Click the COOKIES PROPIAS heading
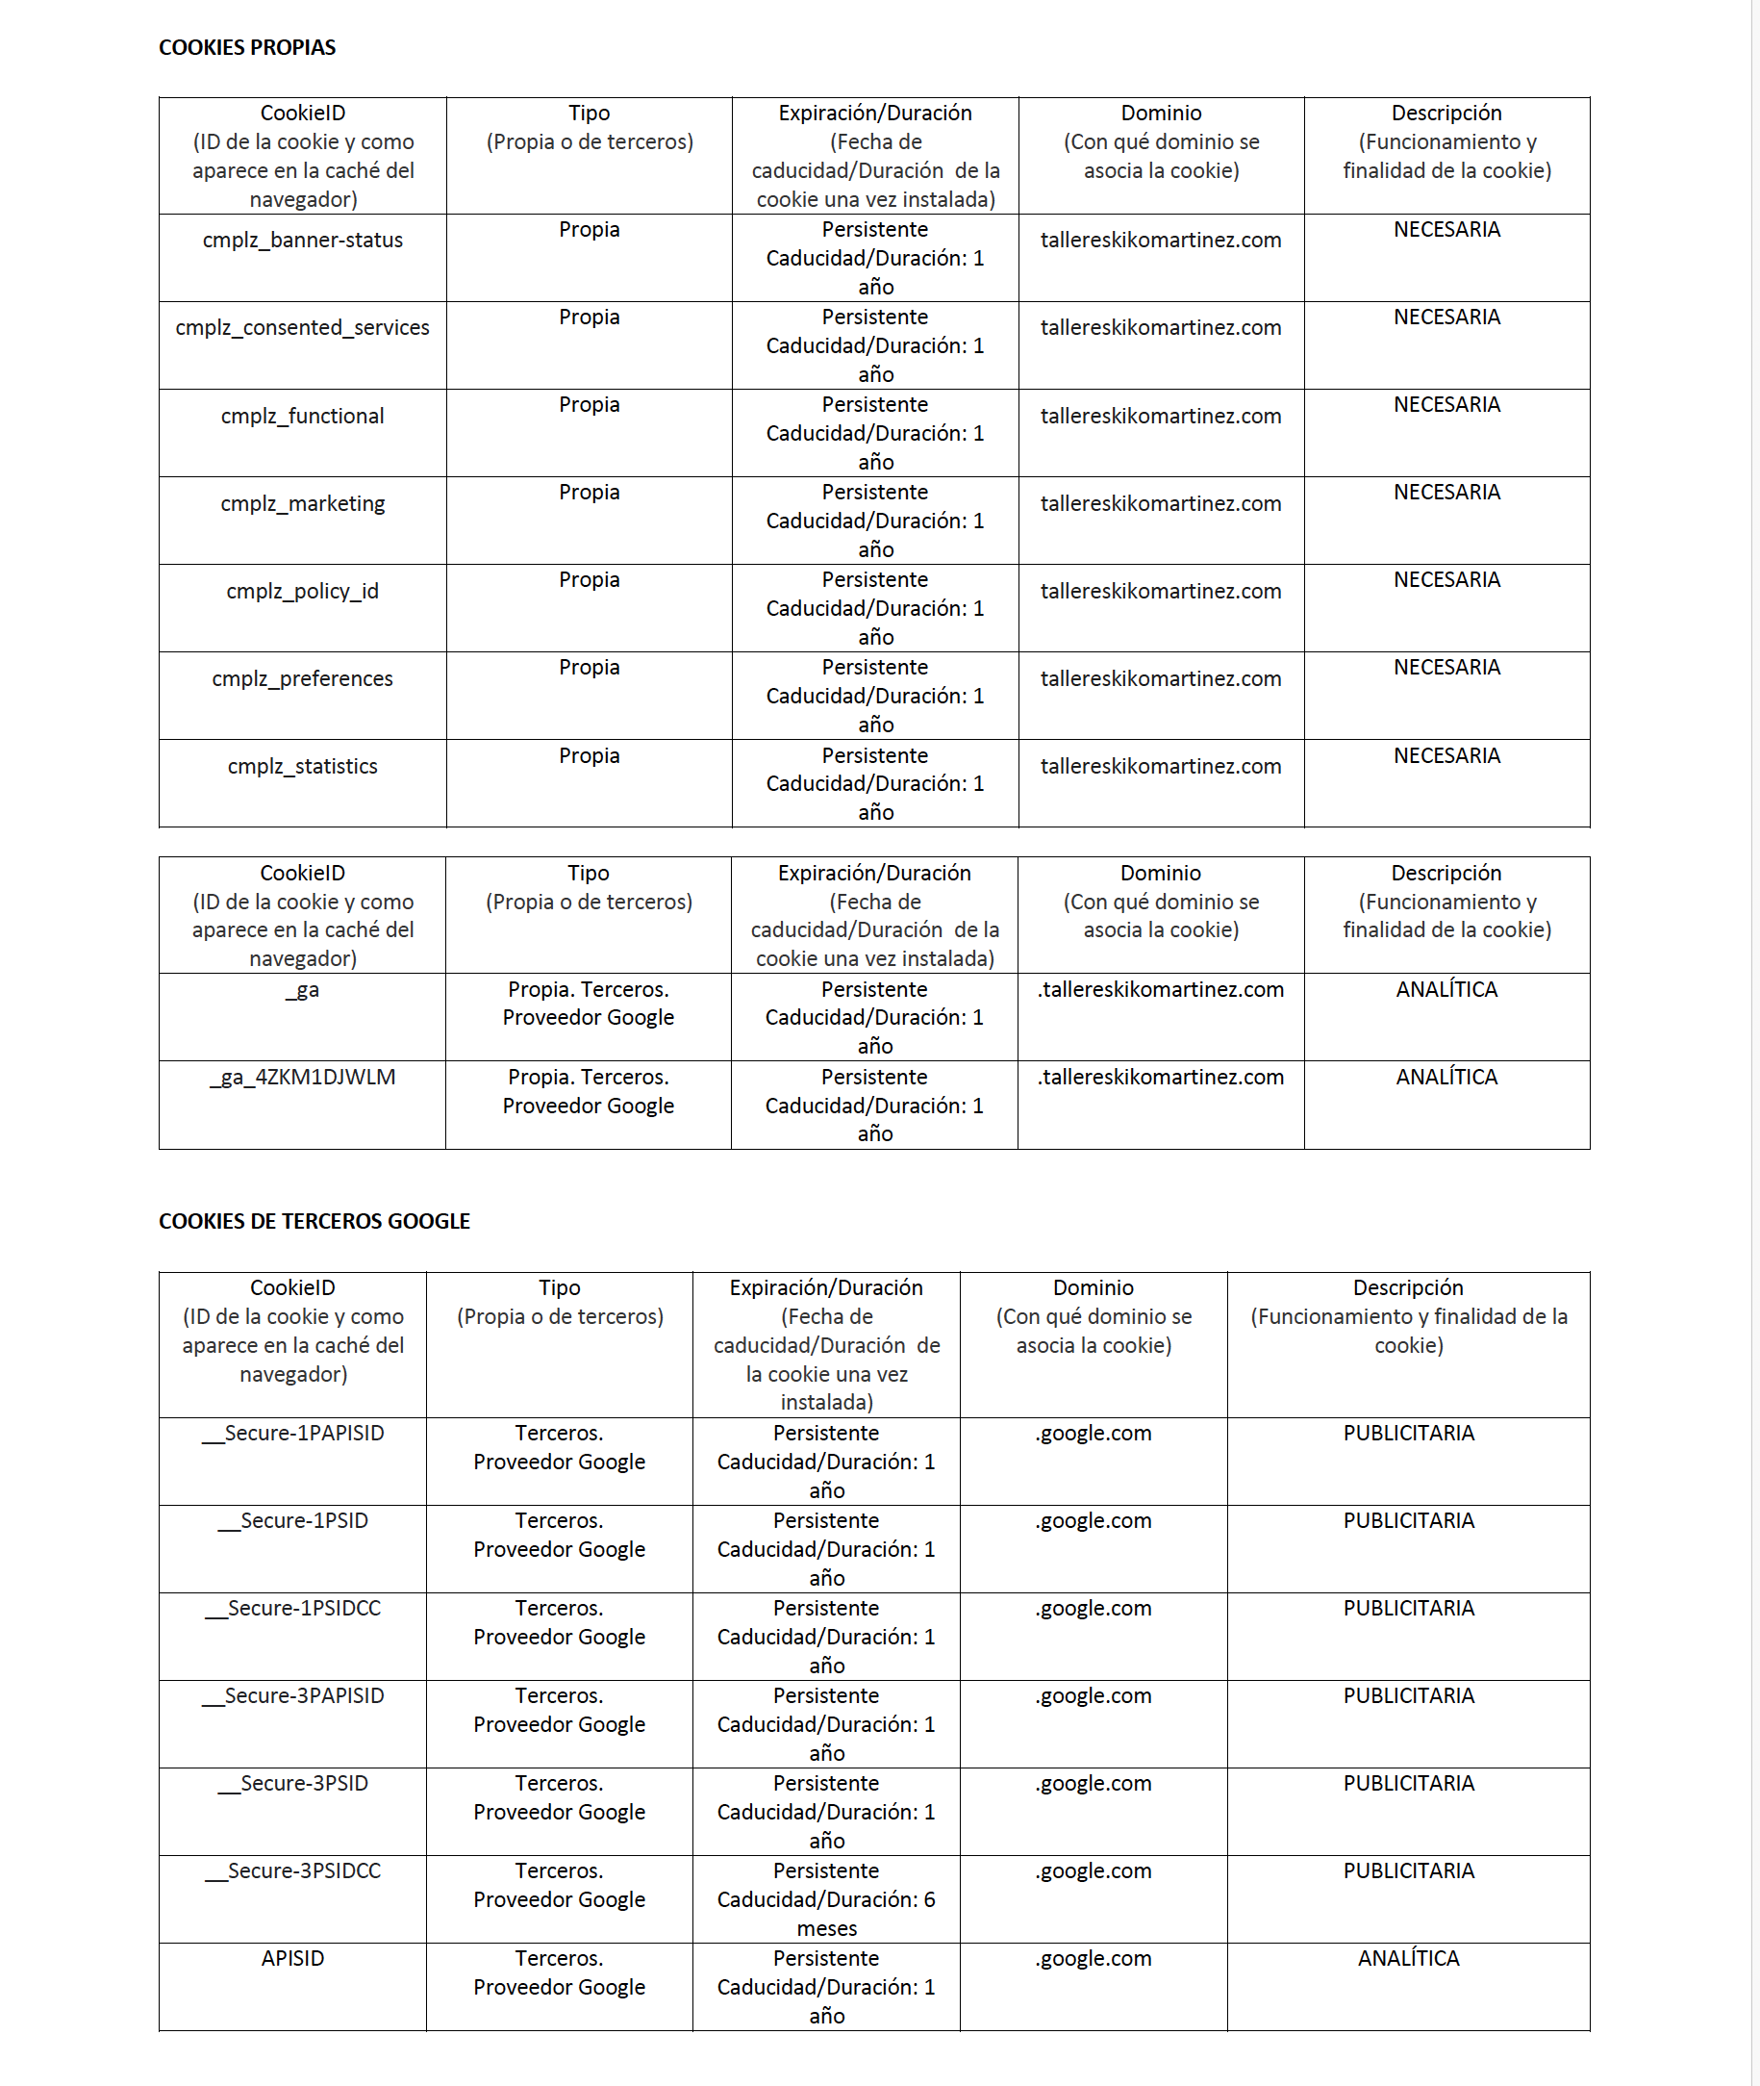coord(246,47)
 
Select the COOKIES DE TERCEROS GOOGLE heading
coord(314,1221)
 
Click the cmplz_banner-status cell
coord(302,240)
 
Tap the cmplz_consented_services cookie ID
coord(302,327)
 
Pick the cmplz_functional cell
coord(302,416)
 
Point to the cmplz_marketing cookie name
coord(302,503)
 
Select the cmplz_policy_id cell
coord(302,591)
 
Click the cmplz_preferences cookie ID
coord(302,678)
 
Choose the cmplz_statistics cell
coord(302,767)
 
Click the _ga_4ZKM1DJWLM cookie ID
coord(302,1077)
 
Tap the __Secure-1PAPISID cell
coord(292,1434)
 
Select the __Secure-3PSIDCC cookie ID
coord(292,1871)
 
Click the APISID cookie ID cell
coord(292,1958)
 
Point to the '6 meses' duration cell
coord(826,1899)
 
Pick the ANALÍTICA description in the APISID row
coord(1408,1958)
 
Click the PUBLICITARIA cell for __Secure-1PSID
coord(1408,1521)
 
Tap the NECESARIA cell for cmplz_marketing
coord(1446,492)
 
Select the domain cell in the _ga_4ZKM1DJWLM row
coord(1161,1077)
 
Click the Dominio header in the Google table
coord(1094,1287)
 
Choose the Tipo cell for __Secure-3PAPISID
coord(559,1710)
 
